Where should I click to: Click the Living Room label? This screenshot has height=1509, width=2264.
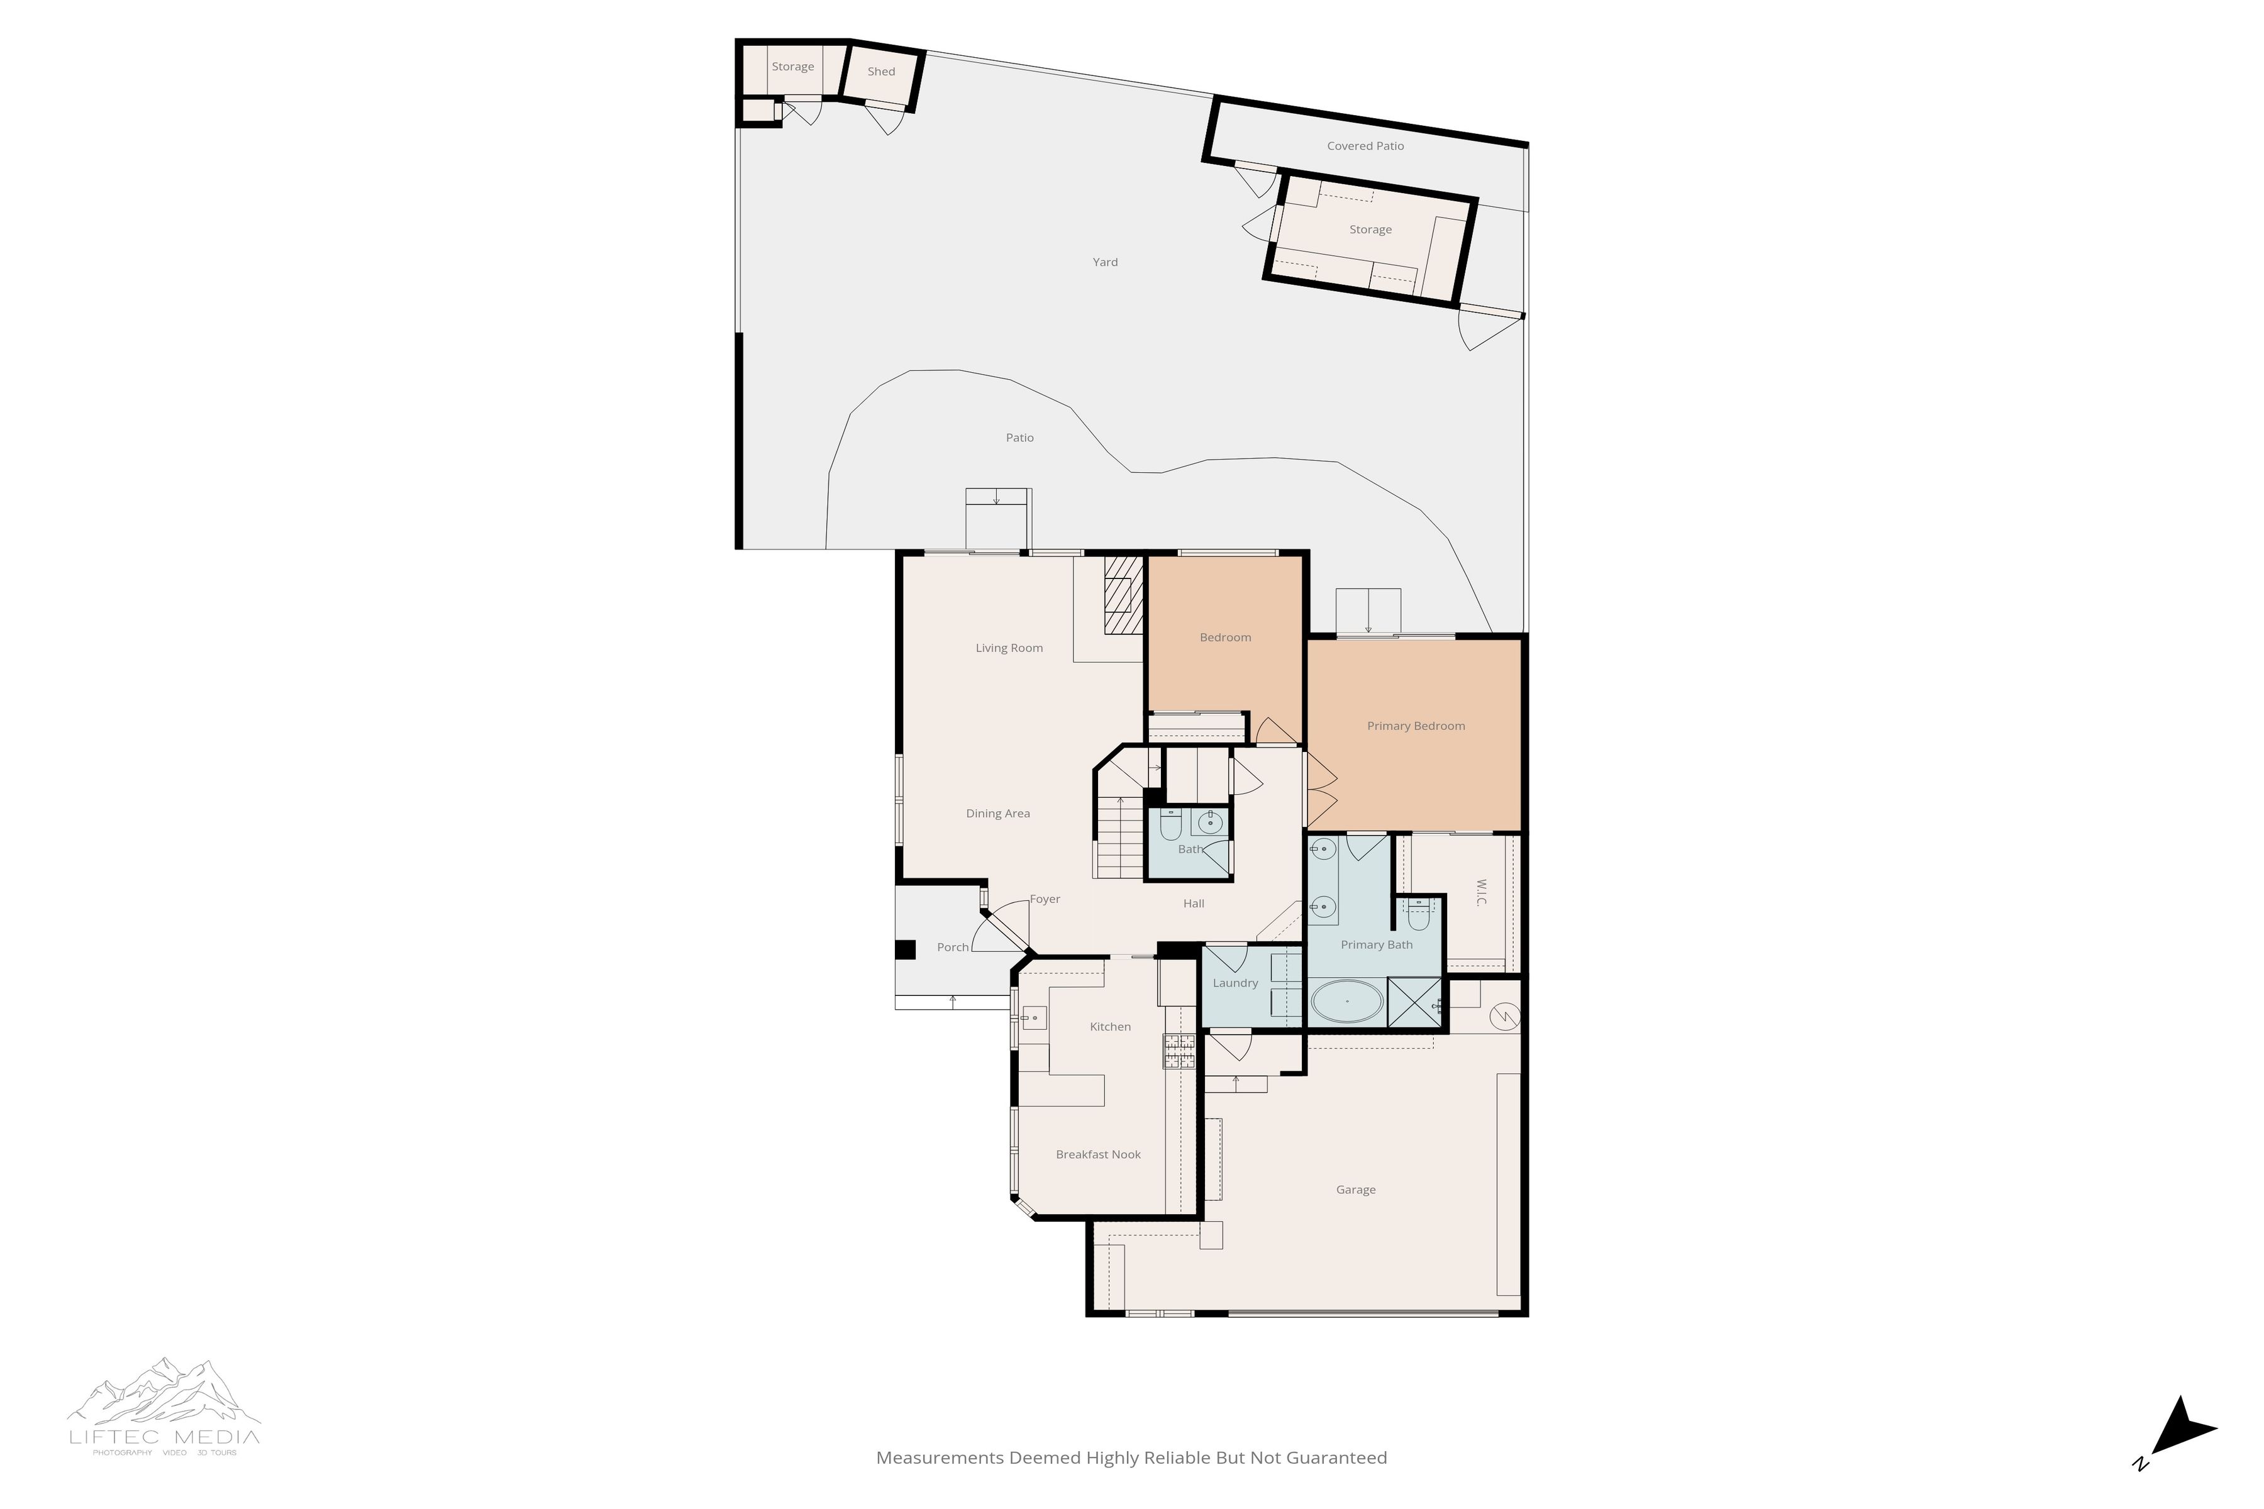tap(1009, 648)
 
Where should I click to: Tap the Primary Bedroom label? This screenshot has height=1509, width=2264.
tap(1415, 726)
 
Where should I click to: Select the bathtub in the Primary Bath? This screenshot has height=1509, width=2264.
tap(1346, 1002)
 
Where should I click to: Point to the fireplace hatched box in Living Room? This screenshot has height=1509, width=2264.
tap(1123, 595)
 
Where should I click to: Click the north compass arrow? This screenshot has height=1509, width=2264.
tap(2183, 1440)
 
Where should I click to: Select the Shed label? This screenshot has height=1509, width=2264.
tap(881, 71)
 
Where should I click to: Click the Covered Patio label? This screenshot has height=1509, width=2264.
tap(1365, 146)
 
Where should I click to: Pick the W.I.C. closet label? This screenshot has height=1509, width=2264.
tap(1480, 891)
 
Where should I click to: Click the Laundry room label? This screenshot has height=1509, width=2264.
tap(1235, 983)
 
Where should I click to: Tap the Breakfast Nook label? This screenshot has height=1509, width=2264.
tap(1097, 1154)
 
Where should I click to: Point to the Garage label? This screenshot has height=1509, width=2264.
tap(1355, 1190)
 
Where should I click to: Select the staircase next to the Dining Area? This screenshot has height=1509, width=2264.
tap(1119, 837)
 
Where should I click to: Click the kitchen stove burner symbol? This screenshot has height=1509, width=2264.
tap(1178, 1050)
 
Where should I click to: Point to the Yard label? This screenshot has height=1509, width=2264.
tap(1105, 262)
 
